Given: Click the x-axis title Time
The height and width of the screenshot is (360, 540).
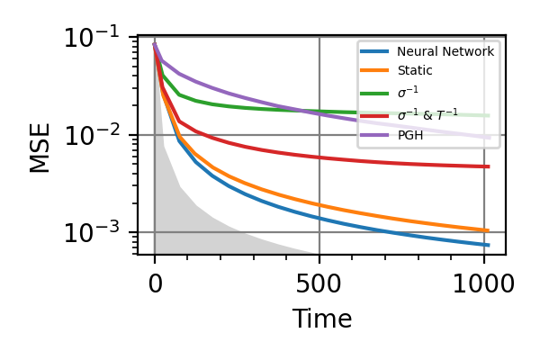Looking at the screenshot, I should pyautogui.click(x=322, y=319).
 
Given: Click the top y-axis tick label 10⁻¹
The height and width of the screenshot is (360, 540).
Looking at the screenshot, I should pyautogui.click(x=94, y=39).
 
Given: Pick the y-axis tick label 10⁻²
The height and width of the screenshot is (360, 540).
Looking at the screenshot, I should pyautogui.click(x=94, y=136).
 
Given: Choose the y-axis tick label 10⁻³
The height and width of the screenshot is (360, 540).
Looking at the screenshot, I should pyautogui.click(x=94, y=233).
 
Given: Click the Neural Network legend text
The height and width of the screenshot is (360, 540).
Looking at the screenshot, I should pyautogui.click(x=445, y=52).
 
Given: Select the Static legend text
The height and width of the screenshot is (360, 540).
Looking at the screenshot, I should pyautogui.click(x=415, y=70).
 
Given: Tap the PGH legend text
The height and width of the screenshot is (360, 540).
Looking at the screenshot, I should pyautogui.click(x=410, y=135).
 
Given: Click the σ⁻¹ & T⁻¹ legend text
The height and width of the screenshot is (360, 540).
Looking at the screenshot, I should pyautogui.click(x=428, y=114).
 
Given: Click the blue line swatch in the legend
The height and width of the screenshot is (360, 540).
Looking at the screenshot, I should pyautogui.click(x=375, y=52).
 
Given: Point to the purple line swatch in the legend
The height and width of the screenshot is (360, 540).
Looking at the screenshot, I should pyautogui.click(x=375, y=135).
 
